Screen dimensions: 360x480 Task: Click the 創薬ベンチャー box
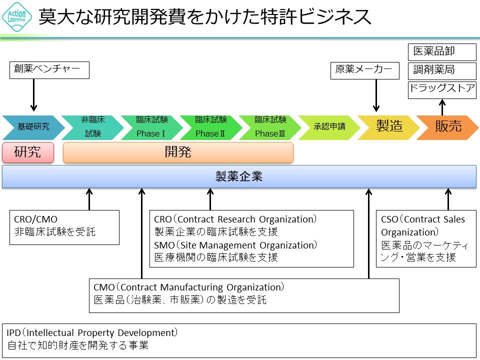click(49, 70)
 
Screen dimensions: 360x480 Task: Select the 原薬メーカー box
click(366, 70)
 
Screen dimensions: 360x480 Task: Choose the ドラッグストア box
click(442, 89)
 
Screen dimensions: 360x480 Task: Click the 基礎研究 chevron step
click(33, 127)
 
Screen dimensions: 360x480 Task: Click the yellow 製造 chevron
click(389, 127)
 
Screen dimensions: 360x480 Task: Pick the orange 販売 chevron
click(447, 127)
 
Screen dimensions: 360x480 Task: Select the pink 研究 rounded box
click(28, 152)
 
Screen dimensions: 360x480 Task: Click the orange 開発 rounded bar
click(178, 152)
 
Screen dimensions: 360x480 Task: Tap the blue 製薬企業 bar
click(239, 176)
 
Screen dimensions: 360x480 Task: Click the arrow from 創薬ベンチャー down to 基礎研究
click(34, 95)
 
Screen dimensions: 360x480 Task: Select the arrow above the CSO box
click(448, 199)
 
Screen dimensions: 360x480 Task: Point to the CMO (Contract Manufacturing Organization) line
click(189, 287)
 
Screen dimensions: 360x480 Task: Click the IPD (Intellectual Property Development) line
click(92, 332)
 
